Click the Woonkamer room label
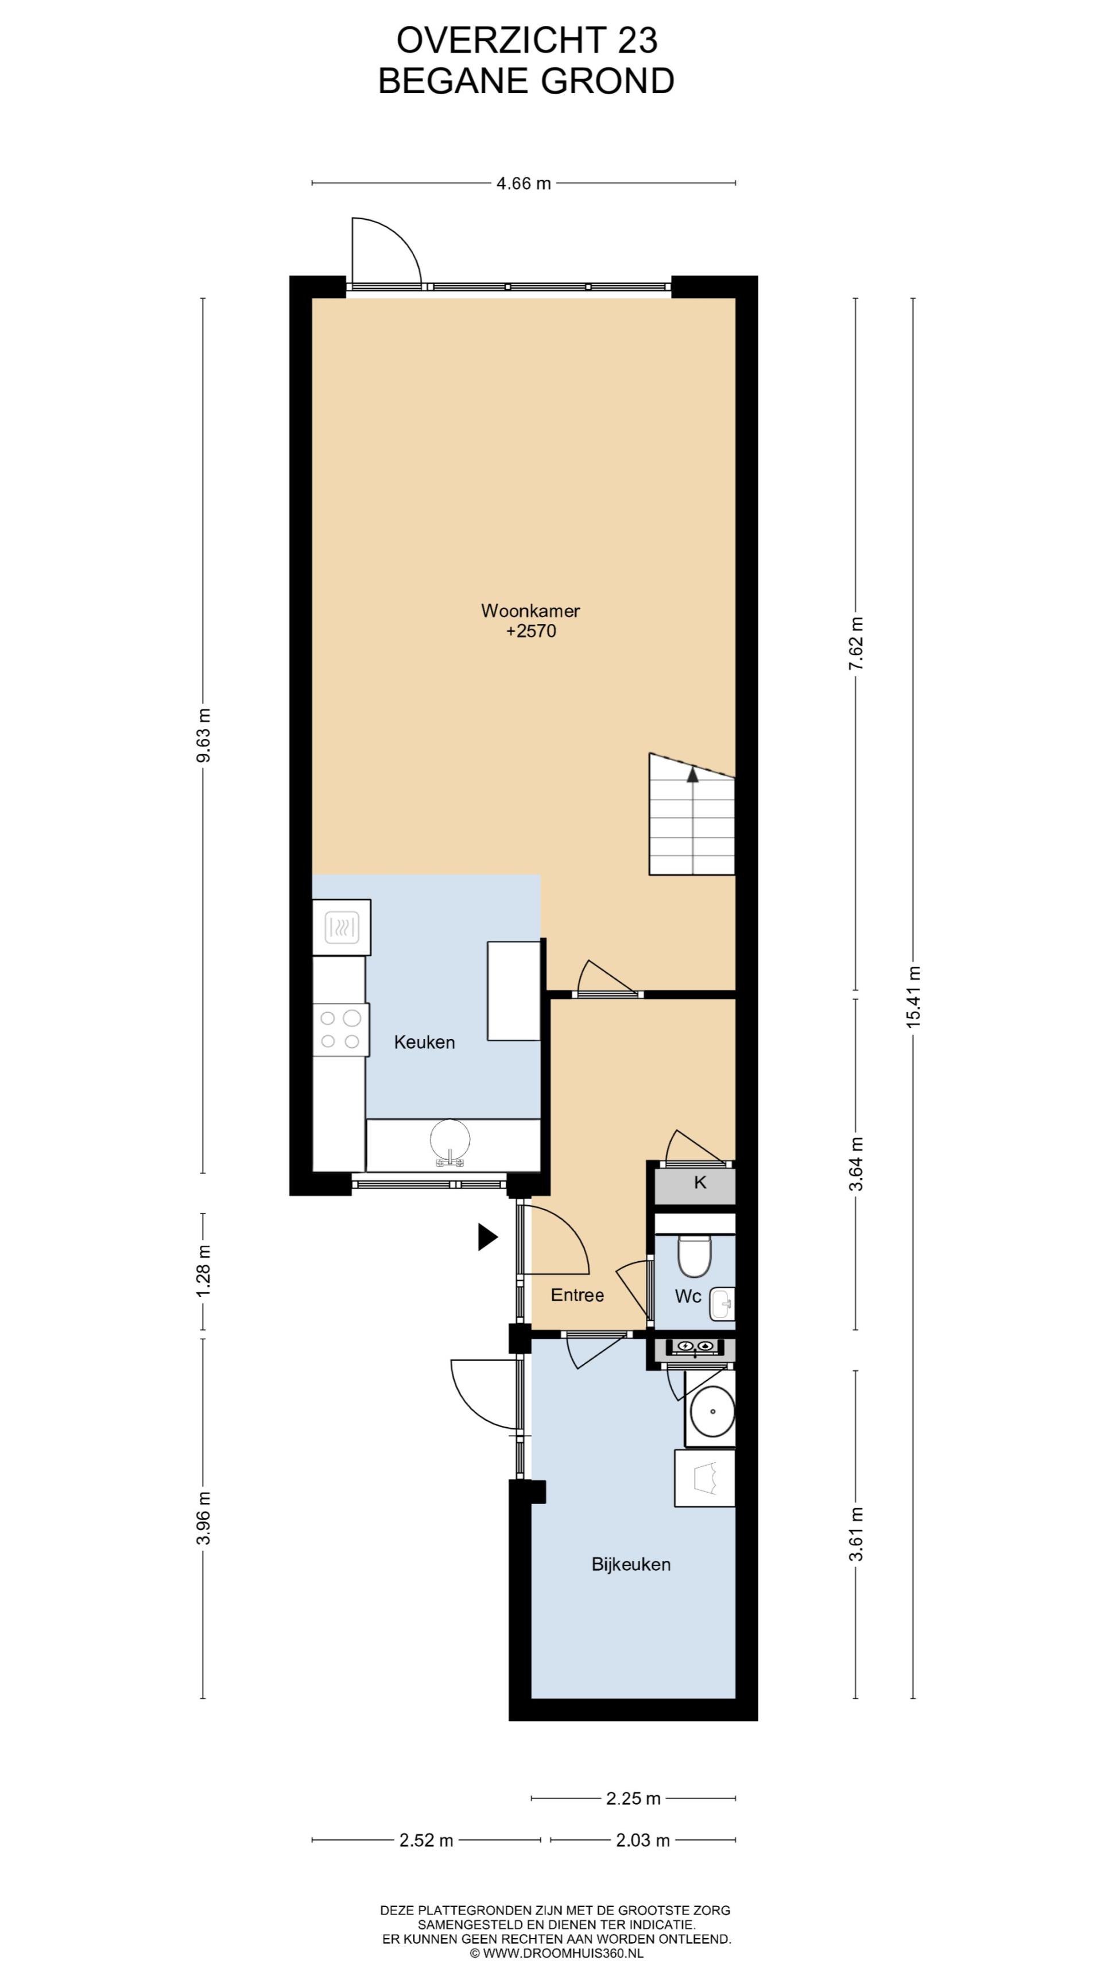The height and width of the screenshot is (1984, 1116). point(530,611)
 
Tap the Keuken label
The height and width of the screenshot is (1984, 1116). point(424,1042)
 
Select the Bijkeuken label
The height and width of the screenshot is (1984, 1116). point(631,1564)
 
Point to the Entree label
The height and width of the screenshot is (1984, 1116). point(577,1295)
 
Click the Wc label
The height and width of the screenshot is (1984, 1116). point(688,1296)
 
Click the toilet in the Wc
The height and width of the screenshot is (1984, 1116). point(694,1256)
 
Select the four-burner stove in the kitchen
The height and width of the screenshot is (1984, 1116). point(340,1030)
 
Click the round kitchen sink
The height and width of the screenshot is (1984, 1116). point(450,1141)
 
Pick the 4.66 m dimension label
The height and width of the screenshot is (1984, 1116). point(524,183)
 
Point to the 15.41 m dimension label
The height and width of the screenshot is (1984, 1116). point(913,997)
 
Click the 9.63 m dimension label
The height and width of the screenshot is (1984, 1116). point(203,735)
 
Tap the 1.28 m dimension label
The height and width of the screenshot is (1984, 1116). point(203,1270)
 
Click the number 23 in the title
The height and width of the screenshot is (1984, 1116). point(637,40)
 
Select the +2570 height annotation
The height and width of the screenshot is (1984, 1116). point(530,631)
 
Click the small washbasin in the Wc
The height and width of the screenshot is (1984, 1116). point(722,1304)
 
